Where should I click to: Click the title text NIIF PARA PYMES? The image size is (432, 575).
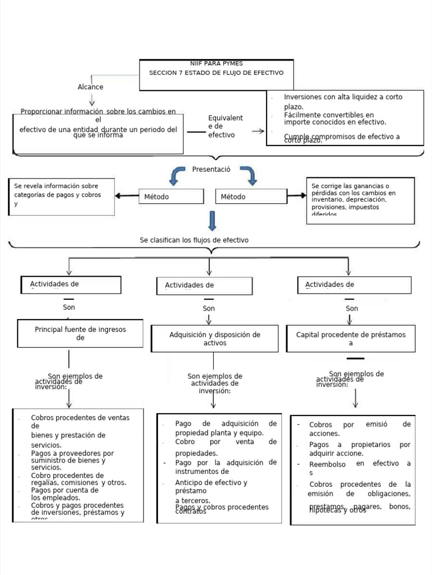tap(217, 63)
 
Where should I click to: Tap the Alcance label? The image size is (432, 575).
tap(91, 87)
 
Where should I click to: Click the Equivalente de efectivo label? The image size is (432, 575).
tap(225, 126)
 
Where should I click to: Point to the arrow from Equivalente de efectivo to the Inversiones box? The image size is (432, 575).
tap(258, 131)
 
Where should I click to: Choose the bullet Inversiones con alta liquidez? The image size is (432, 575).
tap(343, 101)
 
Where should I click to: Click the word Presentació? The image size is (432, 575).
tap(211, 169)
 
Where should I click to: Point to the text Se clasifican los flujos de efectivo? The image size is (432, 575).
tap(194, 240)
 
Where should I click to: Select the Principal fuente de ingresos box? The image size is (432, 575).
tap(80, 334)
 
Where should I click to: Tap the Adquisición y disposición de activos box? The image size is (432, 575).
tap(215, 339)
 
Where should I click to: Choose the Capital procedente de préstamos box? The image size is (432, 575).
tap(351, 339)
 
